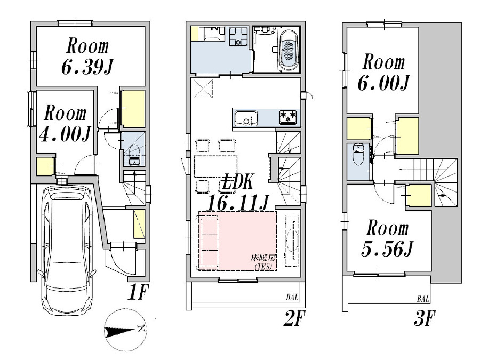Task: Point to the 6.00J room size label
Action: click(383, 82)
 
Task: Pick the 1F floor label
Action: click(137, 292)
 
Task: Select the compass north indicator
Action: click(125, 330)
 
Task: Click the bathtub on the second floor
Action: click(289, 50)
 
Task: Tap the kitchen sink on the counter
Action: click(246, 118)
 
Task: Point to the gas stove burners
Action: click(288, 117)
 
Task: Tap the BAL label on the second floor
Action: click(292, 297)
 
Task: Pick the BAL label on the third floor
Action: click(423, 299)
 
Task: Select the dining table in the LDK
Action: click(215, 166)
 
